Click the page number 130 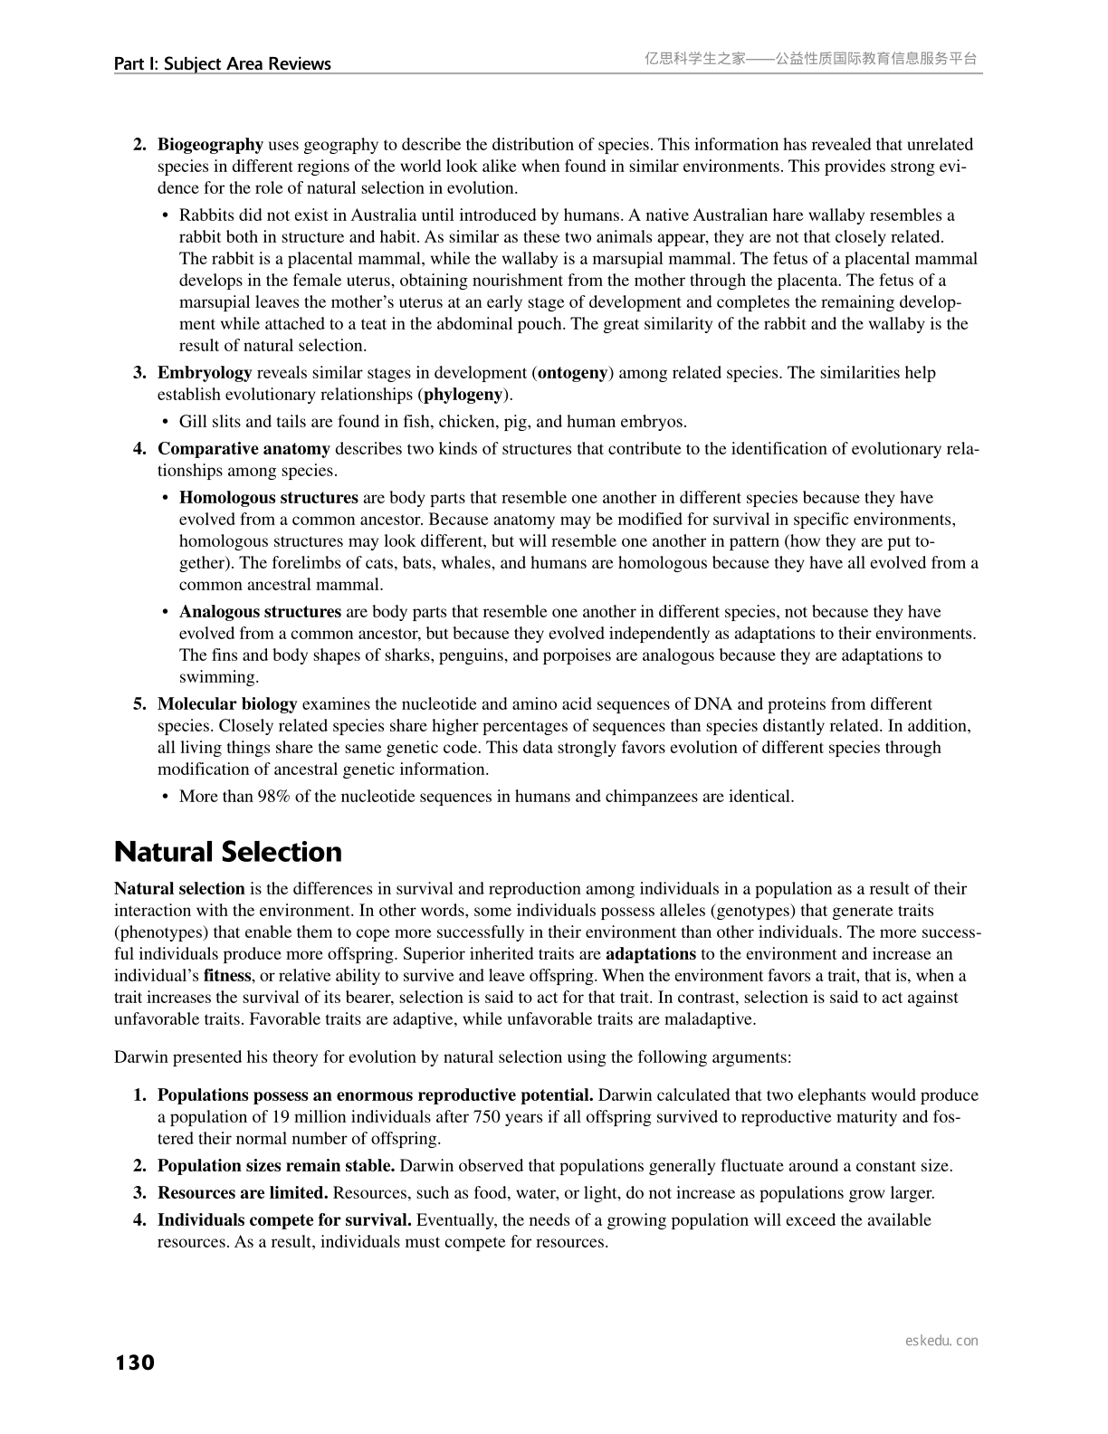(135, 1362)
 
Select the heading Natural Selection (228, 852)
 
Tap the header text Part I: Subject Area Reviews (222, 63)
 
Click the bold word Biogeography (210, 145)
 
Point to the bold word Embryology (205, 373)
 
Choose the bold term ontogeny (572, 373)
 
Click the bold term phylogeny (463, 395)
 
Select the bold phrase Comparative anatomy (244, 449)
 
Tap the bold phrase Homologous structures (268, 498)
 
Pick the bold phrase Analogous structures (260, 612)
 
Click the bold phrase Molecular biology (227, 704)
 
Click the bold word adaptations (650, 954)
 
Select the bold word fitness (227, 976)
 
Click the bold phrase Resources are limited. (243, 1193)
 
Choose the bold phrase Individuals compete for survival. (284, 1220)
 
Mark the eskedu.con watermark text (941, 1341)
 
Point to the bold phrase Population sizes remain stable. (276, 1166)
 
